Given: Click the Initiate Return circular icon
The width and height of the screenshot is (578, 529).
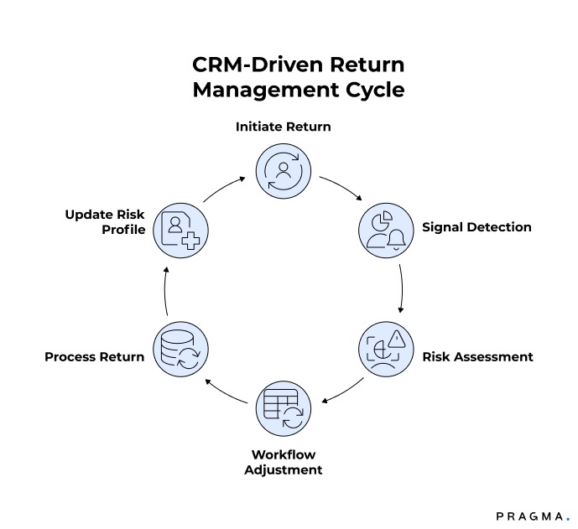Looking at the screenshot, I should coord(283,170).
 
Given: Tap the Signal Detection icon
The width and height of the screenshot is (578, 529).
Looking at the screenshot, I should coord(388,228).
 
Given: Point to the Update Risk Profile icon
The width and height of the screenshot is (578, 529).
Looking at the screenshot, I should coord(180,228).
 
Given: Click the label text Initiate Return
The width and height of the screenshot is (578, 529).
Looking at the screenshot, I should coord(283,127).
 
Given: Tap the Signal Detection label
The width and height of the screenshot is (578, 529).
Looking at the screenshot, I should coord(476,227).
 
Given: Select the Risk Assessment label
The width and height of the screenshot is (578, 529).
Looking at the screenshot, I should coord(477,356).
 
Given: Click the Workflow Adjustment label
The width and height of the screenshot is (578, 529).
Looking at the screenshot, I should coord(283,462).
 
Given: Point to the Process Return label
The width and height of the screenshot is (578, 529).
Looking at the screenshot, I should coord(94,356).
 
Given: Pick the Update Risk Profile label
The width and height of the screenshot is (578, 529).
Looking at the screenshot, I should coord(106,221).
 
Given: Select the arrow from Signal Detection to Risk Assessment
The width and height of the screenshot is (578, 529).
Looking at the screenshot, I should coord(403,288).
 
